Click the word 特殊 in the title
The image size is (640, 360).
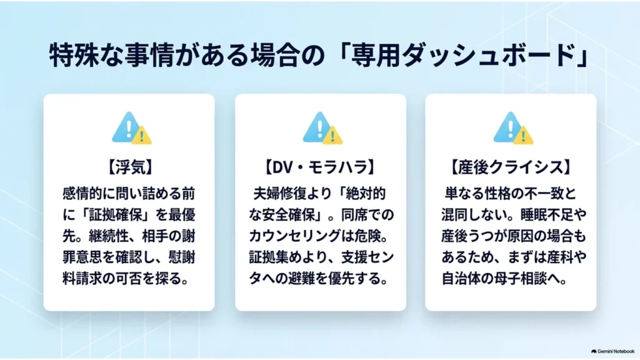coord(74,55)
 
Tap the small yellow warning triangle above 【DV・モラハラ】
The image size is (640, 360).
coord(332,136)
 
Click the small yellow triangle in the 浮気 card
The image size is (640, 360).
coord(142,136)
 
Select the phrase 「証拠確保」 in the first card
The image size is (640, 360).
coord(108,215)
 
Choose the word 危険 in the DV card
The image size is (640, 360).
coord(369,236)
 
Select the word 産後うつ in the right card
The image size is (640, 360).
coord(467,236)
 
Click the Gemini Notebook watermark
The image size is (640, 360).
coord(612,351)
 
